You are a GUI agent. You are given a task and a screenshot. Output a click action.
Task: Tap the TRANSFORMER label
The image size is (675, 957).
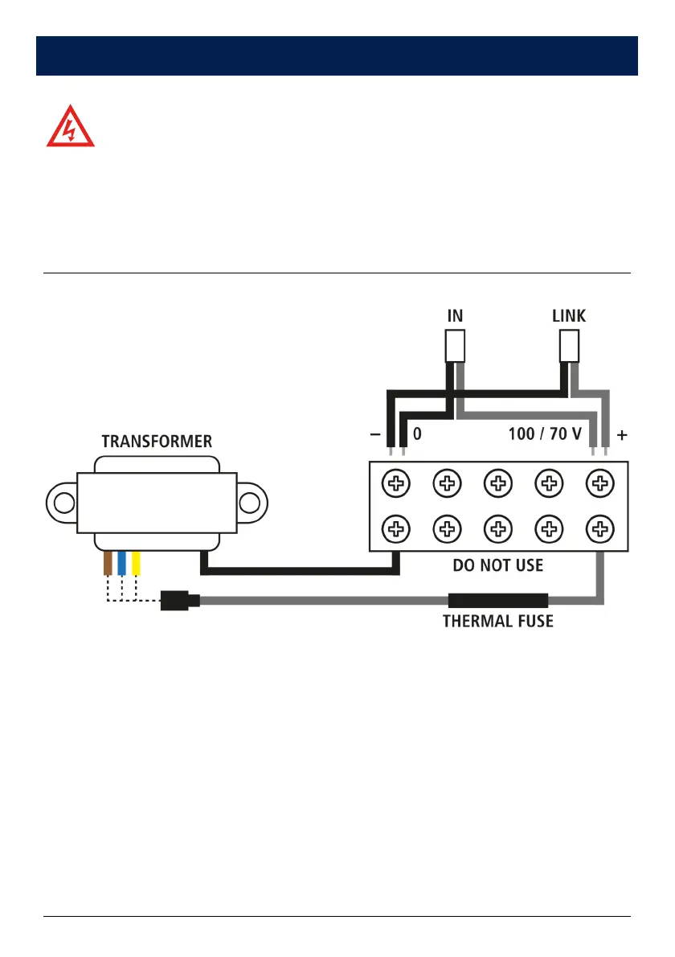[x=157, y=442]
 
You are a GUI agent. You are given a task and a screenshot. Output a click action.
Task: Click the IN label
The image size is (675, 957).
[x=455, y=316]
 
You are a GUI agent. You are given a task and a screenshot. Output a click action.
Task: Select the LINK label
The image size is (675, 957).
[x=569, y=316]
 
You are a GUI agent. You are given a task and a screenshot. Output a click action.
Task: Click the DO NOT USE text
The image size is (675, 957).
[x=498, y=565]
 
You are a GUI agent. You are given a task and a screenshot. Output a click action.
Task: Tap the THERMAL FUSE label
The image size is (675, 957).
[x=498, y=621]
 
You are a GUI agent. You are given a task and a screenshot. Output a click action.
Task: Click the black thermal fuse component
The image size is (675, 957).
[x=498, y=600]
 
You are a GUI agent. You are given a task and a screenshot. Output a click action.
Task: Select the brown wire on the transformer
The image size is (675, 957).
[x=108, y=563]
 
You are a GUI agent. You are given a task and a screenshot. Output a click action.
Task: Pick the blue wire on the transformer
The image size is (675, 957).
[x=122, y=563]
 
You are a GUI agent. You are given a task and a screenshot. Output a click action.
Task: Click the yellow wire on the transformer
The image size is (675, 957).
[x=137, y=563]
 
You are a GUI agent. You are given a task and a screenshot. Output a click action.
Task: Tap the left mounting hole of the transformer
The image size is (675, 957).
[x=63, y=503]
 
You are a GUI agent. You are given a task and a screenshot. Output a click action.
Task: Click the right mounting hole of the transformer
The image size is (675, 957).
[x=250, y=503]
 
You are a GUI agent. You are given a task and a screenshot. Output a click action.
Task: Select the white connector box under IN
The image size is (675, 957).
[x=455, y=347]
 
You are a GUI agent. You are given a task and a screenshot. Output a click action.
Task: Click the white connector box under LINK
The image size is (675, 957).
[x=569, y=347]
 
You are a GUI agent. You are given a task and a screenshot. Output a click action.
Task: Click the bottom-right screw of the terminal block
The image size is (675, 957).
[x=599, y=528]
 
